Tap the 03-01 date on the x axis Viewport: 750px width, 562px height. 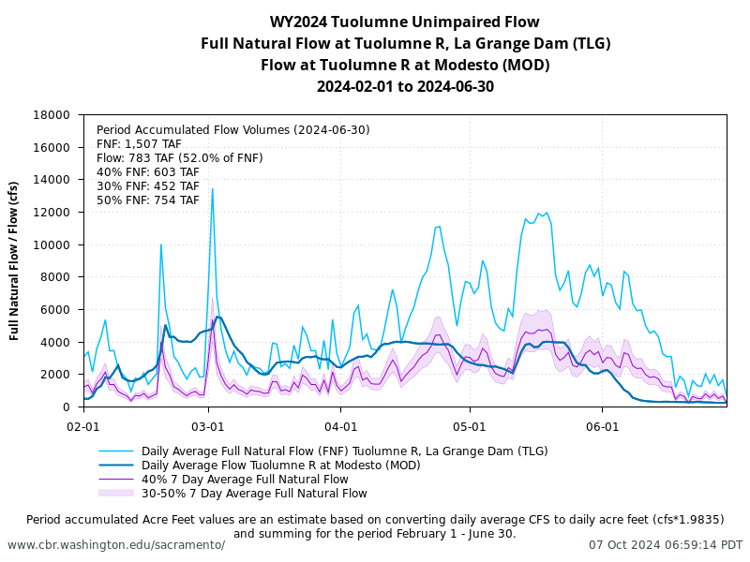(x=208, y=425)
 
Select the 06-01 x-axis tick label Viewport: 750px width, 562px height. (x=602, y=425)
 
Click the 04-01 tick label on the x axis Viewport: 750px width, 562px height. (x=340, y=425)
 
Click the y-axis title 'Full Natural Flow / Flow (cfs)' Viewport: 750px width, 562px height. (x=15, y=260)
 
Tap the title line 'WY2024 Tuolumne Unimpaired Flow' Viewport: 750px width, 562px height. (x=405, y=22)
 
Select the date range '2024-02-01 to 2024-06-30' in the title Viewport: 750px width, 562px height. (x=405, y=87)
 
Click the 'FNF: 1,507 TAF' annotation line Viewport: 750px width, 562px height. (x=139, y=144)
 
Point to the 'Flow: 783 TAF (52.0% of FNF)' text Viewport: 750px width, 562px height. (x=180, y=158)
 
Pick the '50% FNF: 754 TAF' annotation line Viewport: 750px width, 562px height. (x=148, y=200)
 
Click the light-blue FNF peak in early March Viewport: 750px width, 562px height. (x=212, y=190)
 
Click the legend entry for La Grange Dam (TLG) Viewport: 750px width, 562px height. (x=344, y=451)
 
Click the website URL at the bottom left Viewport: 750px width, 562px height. (x=116, y=545)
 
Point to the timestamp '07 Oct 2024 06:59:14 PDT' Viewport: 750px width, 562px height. (x=666, y=545)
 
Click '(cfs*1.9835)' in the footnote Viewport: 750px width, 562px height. (x=679, y=520)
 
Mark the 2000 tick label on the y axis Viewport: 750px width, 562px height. (x=57, y=375)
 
